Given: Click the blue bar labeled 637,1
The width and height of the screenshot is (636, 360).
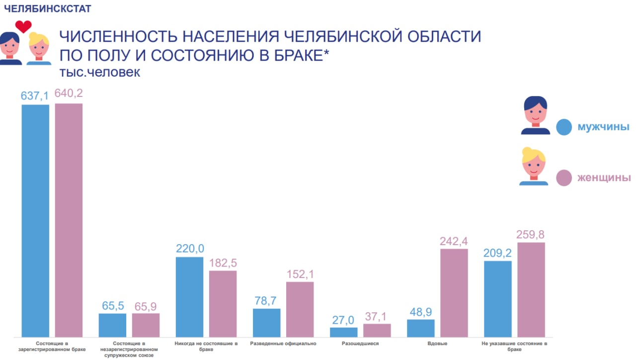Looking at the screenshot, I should point(35,221).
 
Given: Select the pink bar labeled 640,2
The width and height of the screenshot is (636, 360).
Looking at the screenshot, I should point(69,220).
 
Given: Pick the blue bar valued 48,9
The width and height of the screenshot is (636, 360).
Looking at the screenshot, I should point(421,328).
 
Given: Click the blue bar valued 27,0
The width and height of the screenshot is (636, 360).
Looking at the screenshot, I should point(344,332).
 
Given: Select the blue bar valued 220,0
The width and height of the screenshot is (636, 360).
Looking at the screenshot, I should point(190,297).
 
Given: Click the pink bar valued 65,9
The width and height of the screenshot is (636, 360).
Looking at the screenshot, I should point(146,325).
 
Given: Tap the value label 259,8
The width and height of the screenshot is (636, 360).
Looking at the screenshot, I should point(531,234).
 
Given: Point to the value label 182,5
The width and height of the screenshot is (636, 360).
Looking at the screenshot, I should point(223,263).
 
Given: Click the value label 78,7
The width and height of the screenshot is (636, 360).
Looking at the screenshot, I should point(266,301).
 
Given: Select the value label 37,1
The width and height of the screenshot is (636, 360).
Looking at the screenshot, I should point(377,316).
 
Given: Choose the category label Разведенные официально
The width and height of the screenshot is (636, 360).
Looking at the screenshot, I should point(283,344).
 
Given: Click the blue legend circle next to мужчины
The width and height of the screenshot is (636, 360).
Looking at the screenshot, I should point(564,127).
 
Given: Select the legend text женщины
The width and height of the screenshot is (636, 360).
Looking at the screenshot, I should point(604,178).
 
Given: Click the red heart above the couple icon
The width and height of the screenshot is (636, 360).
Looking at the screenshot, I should point(23,26).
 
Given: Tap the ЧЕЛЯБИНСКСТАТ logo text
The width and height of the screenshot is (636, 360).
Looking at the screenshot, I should point(41,8).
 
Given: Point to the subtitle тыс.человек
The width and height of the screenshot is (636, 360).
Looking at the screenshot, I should point(100,72).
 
